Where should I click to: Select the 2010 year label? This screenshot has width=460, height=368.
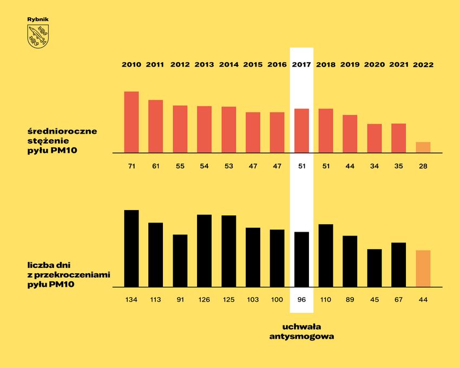pyautogui.click(x=132, y=64)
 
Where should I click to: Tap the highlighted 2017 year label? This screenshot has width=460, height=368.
pyautogui.click(x=301, y=64)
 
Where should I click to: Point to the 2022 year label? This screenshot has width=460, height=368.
pyautogui.click(x=423, y=64)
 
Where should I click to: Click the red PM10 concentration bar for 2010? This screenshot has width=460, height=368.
pyautogui.click(x=132, y=122)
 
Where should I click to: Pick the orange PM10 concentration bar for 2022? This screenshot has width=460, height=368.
pyautogui.click(x=423, y=147)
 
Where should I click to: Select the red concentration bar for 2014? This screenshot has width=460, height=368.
pyautogui.click(x=229, y=130)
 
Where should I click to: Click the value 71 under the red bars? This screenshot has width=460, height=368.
pyautogui.click(x=132, y=166)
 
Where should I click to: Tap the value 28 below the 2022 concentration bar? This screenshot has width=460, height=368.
pyautogui.click(x=423, y=166)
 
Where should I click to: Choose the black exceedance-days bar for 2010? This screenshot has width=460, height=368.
pyautogui.click(x=132, y=248)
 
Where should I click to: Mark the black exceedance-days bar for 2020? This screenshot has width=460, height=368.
pyautogui.click(x=374, y=268)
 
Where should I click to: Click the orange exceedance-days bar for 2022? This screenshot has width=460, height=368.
pyautogui.click(x=423, y=268)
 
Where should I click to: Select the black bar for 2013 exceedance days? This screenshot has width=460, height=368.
pyautogui.click(x=204, y=251)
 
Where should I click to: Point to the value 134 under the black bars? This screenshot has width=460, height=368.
pyautogui.click(x=132, y=300)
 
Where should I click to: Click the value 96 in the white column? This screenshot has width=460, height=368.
pyautogui.click(x=301, y=300)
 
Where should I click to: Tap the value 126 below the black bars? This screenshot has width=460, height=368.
pyautogui.click(x=204, y=300)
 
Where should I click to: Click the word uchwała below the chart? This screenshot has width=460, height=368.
pyautogui.click(x=301, y=326)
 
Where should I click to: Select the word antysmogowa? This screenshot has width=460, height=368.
pyautogui.click(x=301, y=336)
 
